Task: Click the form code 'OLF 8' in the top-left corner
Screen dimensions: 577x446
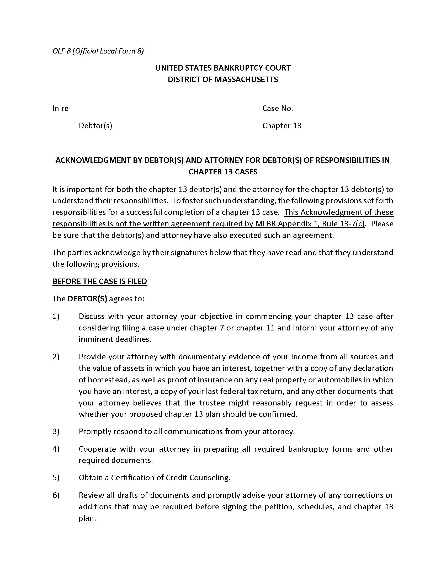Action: coord(61,51)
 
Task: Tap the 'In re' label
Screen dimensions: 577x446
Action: coord(60,108)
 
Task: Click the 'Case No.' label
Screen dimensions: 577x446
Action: coord(277,108)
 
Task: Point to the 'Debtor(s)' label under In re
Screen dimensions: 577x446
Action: coord(95,125)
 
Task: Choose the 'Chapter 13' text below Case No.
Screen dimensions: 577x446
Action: coord(282,125)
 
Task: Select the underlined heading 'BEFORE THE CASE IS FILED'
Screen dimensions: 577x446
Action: coord(100,281)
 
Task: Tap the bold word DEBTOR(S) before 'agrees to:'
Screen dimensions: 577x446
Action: coord(87,299)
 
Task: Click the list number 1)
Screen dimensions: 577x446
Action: coord(56,316)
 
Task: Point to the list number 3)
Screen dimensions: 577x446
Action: coord(56,431)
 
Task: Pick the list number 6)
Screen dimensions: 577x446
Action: coord(56,495)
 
